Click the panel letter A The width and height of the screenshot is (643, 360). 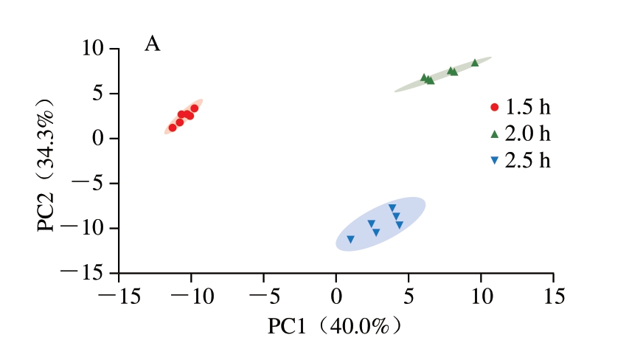coord(153,44)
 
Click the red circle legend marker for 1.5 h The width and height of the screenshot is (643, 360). coord(495,107)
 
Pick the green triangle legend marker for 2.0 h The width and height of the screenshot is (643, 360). coord(495,134)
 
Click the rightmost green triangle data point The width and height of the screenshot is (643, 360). coord(475,63)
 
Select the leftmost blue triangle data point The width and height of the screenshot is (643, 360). coord(350,239)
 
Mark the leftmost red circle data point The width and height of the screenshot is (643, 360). coord(173,128)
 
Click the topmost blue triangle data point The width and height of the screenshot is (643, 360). coord(392,208)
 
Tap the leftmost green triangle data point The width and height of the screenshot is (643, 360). coord(424,77)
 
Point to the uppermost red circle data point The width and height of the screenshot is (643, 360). coord(195,108)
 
